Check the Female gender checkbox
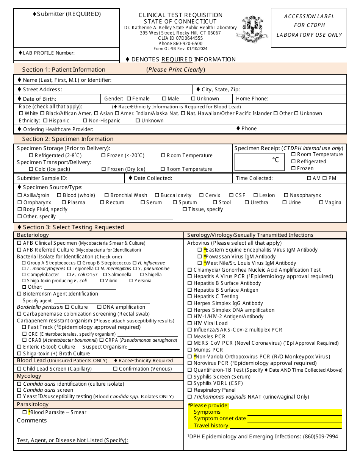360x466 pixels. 129,99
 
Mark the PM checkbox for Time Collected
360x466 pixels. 326,178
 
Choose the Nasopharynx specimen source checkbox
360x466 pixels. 286,195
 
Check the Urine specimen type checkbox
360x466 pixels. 285,202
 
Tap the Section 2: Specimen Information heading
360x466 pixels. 68,139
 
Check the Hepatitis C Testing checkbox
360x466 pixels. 190,296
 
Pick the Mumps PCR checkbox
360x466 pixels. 190,350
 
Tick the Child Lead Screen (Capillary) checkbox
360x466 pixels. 19,369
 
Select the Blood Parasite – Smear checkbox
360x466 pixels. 25,412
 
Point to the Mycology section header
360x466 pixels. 29,376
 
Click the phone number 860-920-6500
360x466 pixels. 180,43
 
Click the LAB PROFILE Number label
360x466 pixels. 49,53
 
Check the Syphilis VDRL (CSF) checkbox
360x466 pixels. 190,383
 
